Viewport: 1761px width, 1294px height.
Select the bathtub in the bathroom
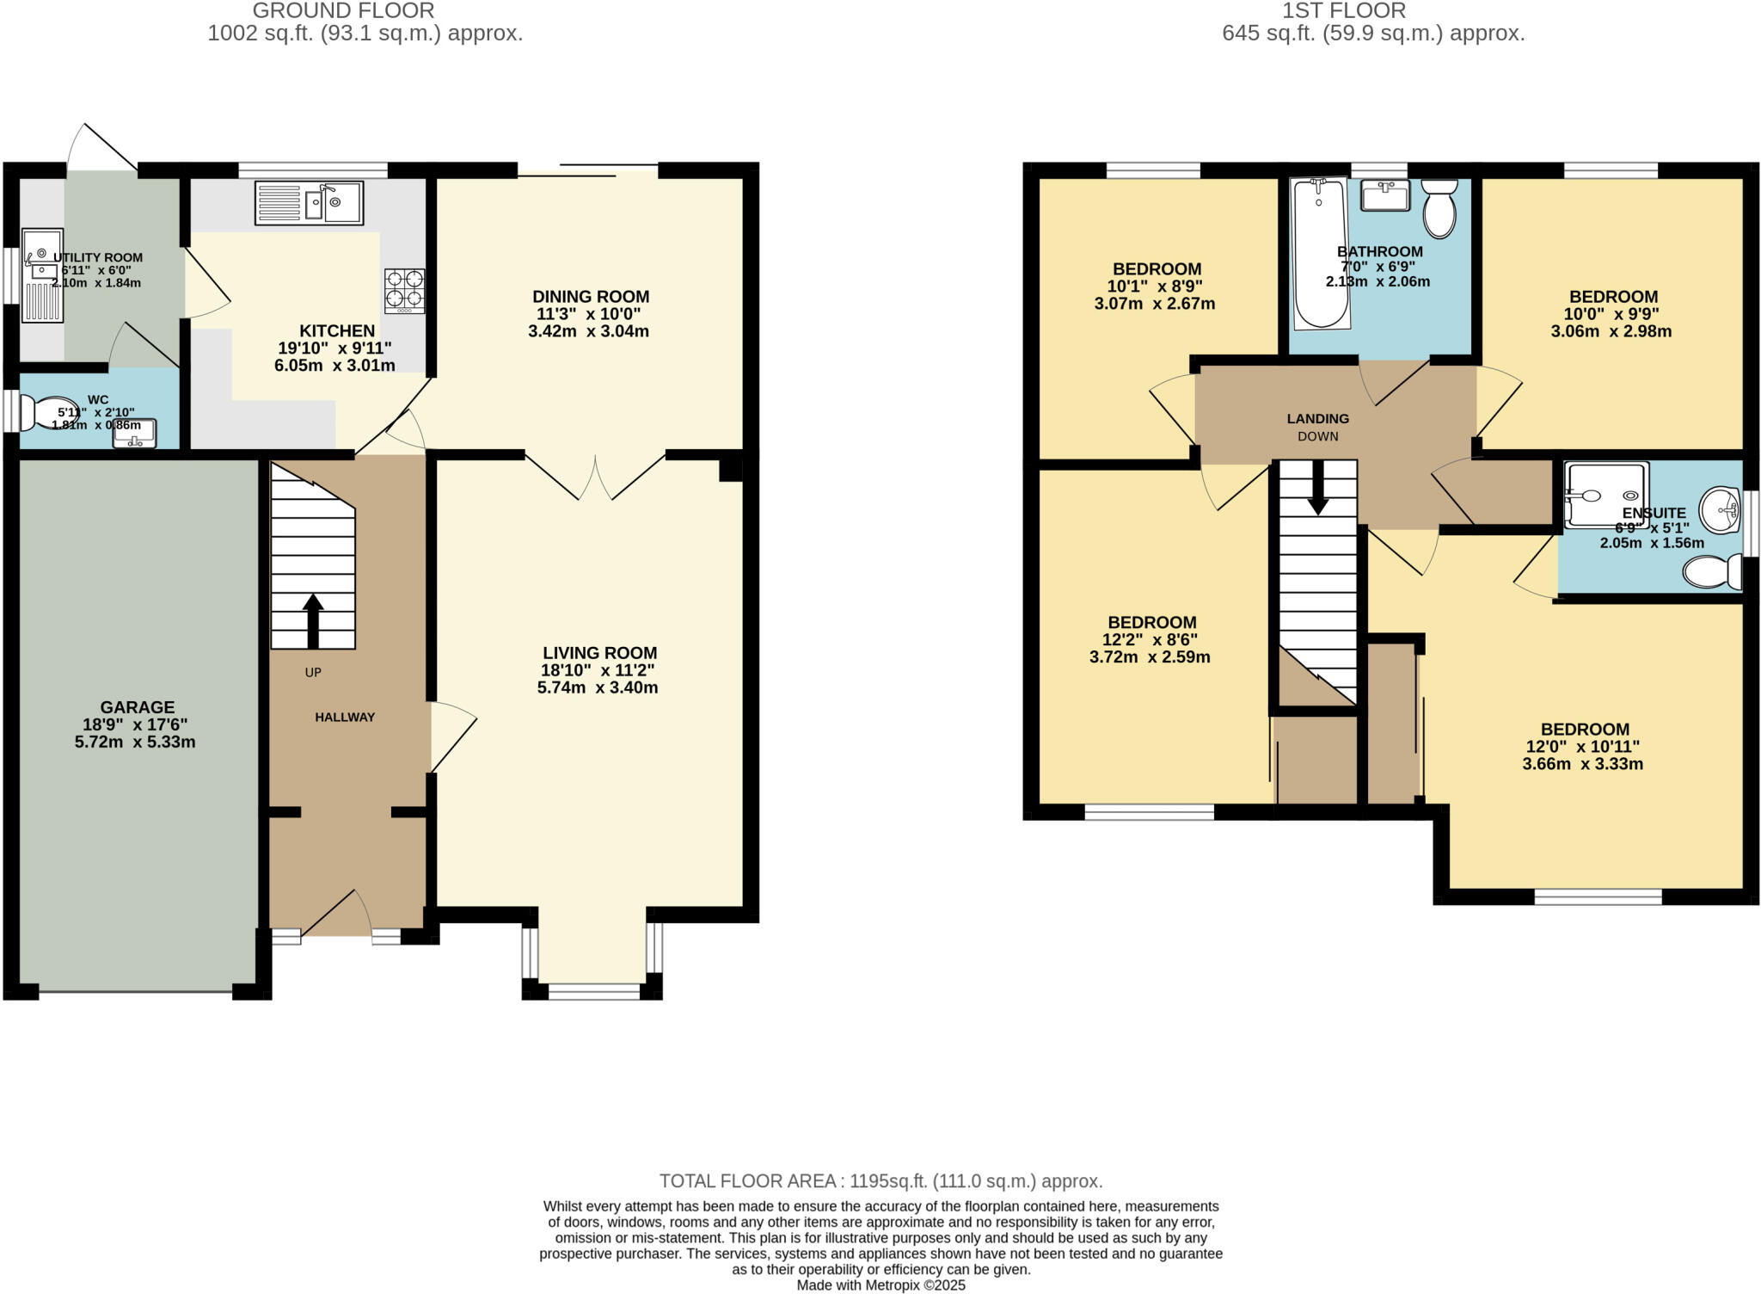(x=1321, y=253)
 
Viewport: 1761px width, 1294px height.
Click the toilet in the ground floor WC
(x=45, y=413)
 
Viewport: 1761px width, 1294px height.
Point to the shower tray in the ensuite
(x=1606, y=494)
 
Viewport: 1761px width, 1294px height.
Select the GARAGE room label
(x=138, y=707)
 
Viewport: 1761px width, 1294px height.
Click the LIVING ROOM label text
(x=599, y=653)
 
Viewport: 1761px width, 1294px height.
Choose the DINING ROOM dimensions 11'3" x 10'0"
(x=589, y=314)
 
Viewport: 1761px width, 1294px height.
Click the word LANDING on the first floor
(x=1317, y=419)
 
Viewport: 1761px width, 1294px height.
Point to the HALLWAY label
(x=345, y=718)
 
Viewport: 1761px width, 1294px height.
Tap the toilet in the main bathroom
(x=1439, y=208)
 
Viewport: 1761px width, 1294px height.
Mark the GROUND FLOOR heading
(x=343, y=11)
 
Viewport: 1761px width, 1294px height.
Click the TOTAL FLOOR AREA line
(x=880, y=1181)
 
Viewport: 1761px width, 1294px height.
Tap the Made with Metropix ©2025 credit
(x=880, y=1285)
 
